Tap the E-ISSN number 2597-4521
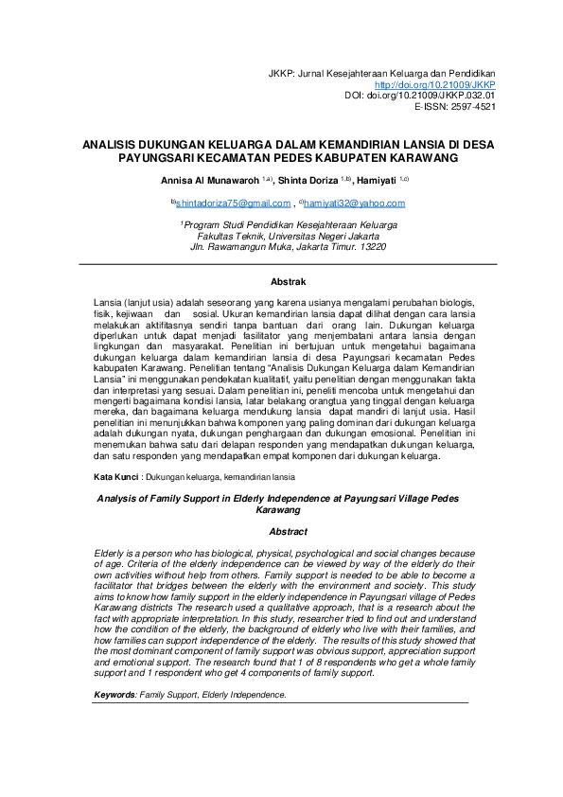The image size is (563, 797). click(x=474, y=107)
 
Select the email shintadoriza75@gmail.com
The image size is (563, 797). click(x=233, y=203)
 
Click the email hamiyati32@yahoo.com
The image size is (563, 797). click(x=354, y=203)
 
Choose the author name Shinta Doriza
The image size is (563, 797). click(x=320, y=179)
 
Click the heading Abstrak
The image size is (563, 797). click(x=288, y=282)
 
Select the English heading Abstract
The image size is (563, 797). click(x=288, y=532)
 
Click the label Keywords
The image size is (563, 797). click(x=115, y=695)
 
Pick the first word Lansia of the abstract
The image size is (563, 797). click(x=110, y=300)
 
